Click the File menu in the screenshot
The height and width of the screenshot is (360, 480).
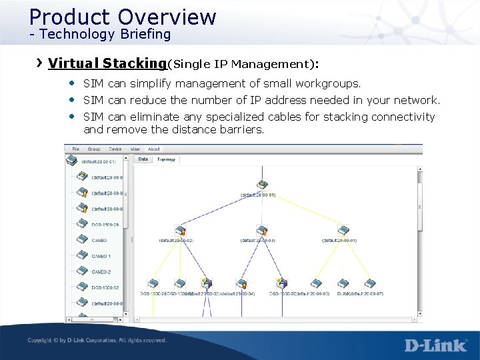76,149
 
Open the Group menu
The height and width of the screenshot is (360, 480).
94,149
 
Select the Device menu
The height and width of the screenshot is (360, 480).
115,149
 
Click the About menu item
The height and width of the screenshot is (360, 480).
154,149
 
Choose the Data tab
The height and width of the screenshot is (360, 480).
143,159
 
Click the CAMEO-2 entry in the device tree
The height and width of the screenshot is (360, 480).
101,272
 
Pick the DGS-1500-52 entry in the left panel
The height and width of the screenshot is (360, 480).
105,287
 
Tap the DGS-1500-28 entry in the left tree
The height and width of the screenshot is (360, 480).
105,224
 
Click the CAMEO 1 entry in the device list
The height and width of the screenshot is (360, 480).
101,256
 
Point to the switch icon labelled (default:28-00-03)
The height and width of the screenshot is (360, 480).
262,230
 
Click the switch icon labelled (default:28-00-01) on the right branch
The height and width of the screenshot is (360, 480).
343,230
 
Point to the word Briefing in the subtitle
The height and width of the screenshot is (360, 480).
145,33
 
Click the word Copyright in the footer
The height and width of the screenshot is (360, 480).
41,341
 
